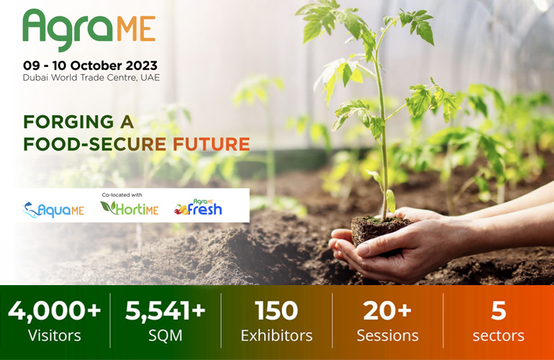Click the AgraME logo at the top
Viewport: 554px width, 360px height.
pos(89,30)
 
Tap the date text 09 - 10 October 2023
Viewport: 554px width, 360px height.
pos(91,66)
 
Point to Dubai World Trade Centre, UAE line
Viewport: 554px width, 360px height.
pos(91,78)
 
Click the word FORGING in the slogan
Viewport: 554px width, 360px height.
pos(68,122)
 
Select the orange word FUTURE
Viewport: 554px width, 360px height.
pos(212,144)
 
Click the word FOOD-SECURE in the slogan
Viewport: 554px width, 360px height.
pos(95,144)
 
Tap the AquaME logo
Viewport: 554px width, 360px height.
pos(53,210)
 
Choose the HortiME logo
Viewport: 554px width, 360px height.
pos(130,208)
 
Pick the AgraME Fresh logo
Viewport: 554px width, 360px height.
pos(198,207)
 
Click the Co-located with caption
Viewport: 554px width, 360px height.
pos(122,195)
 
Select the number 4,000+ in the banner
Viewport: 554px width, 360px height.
pos(55,311)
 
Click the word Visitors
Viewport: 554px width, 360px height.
pos(55,336)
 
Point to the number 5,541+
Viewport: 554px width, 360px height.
pos(165,310)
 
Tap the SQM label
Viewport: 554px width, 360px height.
pos(165,336)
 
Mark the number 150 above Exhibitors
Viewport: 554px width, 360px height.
pos(277,310)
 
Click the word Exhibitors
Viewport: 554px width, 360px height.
pos(277,336)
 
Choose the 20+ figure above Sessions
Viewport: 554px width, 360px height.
pos(388,310)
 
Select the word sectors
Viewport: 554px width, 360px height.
pos(499,336)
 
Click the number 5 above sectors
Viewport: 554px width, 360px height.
pos(499,310)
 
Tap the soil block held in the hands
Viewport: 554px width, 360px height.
pos(380,230)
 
